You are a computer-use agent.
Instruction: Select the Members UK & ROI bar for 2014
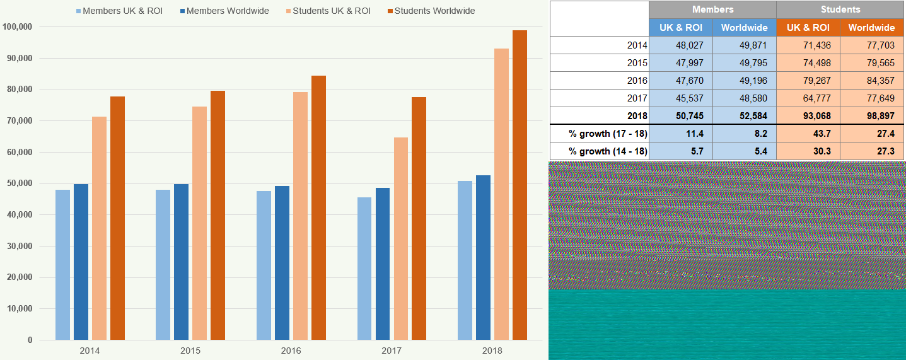(x=62, y=265)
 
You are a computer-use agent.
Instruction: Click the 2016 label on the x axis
(x=291, y=351)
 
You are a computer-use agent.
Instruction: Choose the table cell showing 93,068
(x=808, y=116)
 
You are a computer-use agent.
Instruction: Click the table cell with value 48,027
(x=681, y=45)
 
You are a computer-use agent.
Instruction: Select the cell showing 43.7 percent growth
(x=808, y=134)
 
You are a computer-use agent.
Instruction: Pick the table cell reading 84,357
(x=872, y=81)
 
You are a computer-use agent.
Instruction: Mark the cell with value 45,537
(x=681, y=98)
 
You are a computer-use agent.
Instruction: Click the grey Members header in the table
(x=712, y=9)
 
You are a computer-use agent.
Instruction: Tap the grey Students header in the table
(x=840, y=9)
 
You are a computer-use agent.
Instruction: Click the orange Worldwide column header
(x=872, y=28)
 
